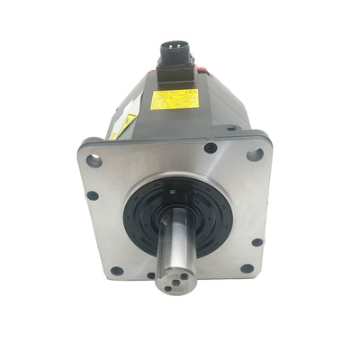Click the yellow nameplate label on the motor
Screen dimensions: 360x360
172,99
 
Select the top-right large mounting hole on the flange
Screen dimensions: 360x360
255,154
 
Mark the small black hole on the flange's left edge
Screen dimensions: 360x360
93,195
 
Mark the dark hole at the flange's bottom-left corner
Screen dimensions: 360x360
117,270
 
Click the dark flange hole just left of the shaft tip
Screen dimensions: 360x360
150,275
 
